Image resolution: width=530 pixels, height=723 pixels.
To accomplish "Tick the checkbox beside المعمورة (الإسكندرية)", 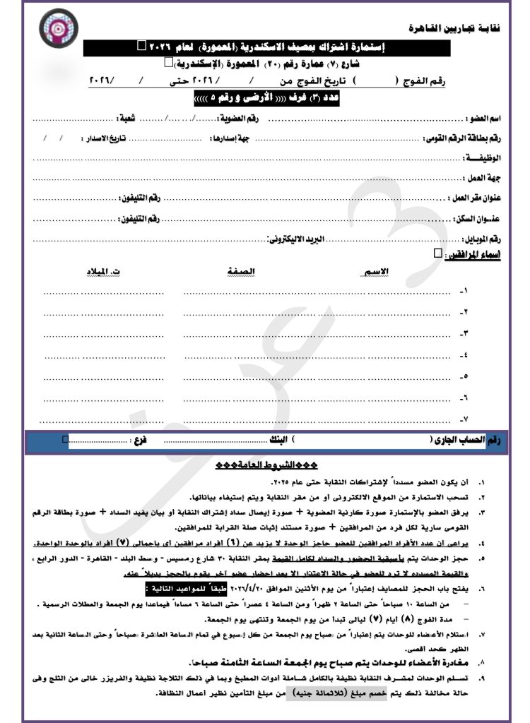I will tap(167, 64).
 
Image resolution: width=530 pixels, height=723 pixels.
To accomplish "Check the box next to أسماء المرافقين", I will tap(437, 253).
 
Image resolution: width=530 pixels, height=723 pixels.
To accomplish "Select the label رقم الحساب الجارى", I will tap(469, 441).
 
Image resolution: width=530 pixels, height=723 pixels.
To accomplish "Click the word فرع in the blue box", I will tap(141, 441).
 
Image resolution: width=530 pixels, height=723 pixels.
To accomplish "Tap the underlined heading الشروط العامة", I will tap(266, 467).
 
